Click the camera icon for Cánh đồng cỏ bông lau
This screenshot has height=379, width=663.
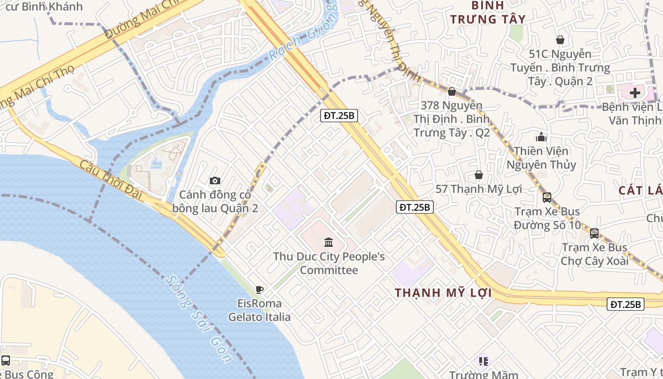click(x=215, y=180)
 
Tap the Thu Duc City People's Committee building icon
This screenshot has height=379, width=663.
click(x=328, y=243)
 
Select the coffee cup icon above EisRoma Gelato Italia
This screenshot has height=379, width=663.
click(x=259, y=289)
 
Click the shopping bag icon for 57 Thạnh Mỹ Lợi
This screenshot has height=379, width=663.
click(x=478, y=175)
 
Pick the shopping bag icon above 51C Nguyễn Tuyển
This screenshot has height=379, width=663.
click(x=560, y=40)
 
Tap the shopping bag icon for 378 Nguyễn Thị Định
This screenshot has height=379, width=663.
click(x=452, y=91)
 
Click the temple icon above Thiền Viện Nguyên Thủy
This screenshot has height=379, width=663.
click(x=541, y=137)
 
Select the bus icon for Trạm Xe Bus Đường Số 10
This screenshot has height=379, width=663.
click(x=547, y=197)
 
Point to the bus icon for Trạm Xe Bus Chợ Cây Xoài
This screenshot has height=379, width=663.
click(x=594, y=233)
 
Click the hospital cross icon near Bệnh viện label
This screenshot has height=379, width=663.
click(x=635, y=92)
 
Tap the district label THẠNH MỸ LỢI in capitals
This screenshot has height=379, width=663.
click(x=443, y=293)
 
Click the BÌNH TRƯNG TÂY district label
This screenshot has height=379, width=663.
click(x=488, y=13)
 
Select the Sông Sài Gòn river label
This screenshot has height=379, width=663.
click(x=199, y=318)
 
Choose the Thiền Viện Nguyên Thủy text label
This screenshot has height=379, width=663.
click(x=541, y=158)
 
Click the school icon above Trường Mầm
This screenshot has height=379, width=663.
click(x=483, y=361)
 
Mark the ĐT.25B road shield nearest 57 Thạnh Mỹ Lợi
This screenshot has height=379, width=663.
click(x=415, y=207)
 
